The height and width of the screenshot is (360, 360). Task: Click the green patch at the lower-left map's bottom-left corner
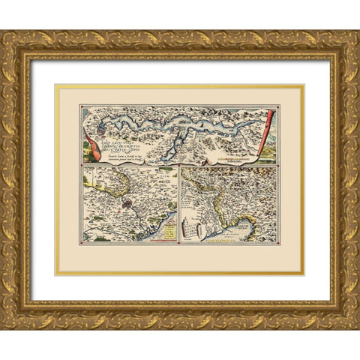(88, 238)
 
